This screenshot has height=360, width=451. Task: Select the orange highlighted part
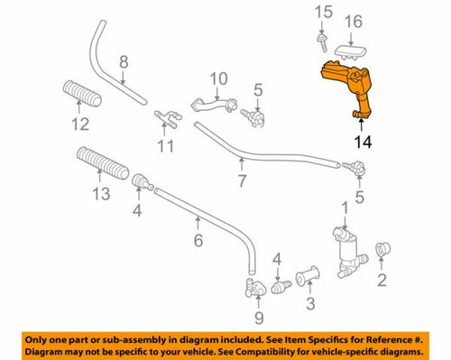point(345,88)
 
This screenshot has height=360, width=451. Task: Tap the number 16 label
point(354,20)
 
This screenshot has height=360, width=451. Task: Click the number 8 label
point(124,62)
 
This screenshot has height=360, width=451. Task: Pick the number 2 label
point(382,281)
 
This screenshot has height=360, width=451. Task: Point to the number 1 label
point(344,209)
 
